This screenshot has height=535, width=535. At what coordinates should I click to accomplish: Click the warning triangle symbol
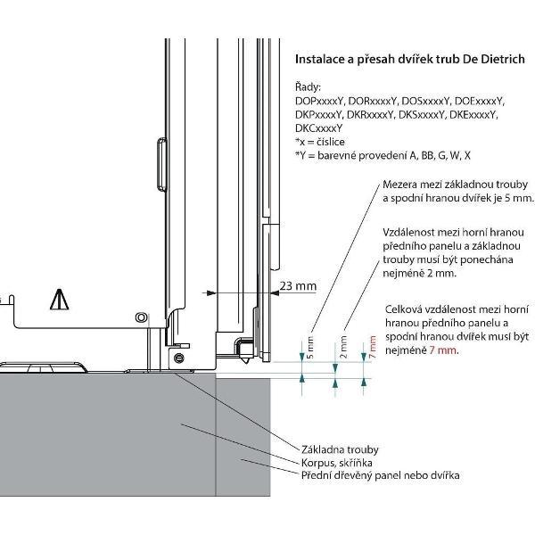click(x=60, y=299)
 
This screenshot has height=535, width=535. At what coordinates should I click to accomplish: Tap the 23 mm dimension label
click(x=298, y=285)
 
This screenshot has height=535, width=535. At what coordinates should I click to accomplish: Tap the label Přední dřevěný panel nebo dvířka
click(x=379, y=476)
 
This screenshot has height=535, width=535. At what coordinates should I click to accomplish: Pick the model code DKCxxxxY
click(x=318, y=128)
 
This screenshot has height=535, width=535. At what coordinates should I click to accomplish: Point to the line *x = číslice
click(x=325, y=142)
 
